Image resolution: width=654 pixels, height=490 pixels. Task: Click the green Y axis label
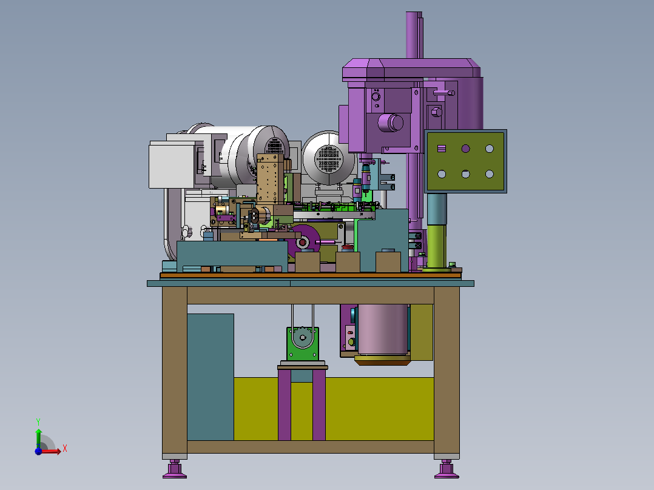coord(38,421)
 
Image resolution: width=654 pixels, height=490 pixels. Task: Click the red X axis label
coord(65,449)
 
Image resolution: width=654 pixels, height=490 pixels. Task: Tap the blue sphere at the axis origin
coord(38,451)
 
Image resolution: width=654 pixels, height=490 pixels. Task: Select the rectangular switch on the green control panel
coord(442,149)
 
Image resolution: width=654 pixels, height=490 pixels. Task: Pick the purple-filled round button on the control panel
coord(465,149)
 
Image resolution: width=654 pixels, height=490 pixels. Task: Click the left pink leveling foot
coord(175,469)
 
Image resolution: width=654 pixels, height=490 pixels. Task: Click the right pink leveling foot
coord(447,469)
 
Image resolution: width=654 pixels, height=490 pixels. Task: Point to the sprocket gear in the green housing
coord(303,337)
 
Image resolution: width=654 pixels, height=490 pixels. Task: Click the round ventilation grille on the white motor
coord(329,159)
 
